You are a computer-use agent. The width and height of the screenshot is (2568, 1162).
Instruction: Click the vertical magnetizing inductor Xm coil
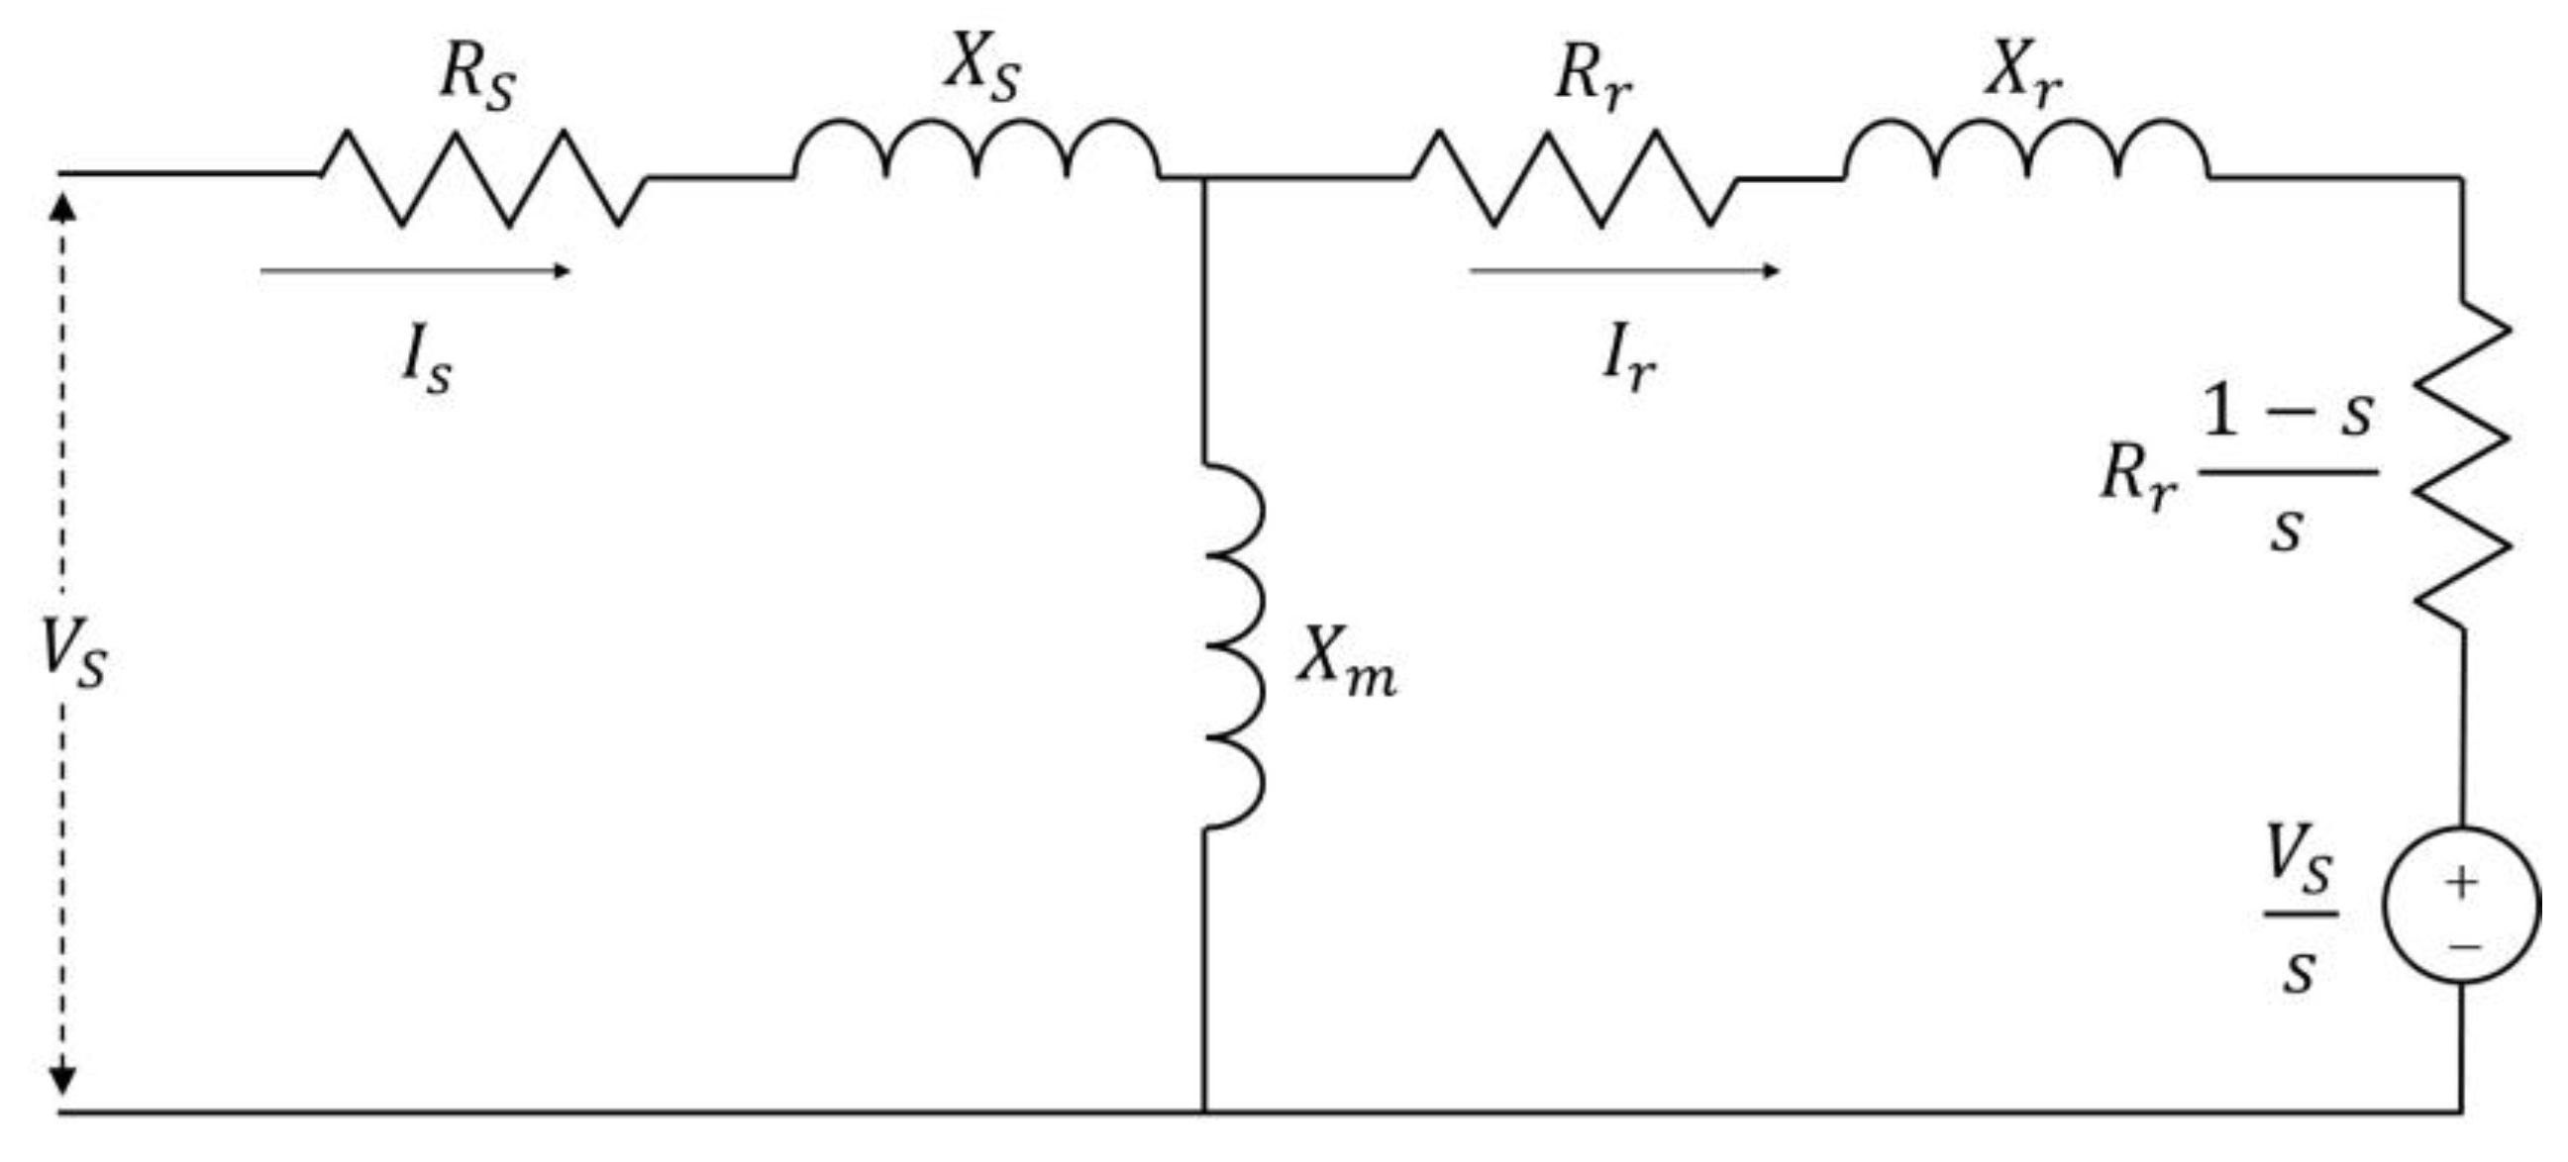click(1234, 645)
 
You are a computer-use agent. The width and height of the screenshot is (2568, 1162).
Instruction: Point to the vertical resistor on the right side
click(2461, 463)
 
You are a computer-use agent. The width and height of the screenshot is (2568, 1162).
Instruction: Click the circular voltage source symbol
click(2461, 905)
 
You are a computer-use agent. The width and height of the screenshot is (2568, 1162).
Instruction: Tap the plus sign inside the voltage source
click(2461, 882)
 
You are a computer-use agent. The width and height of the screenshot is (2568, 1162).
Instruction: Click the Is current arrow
click(414, 270)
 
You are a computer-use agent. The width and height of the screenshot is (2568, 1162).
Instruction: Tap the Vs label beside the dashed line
click(72, 651)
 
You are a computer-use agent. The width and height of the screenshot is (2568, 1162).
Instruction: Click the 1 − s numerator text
click(2287, 412)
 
